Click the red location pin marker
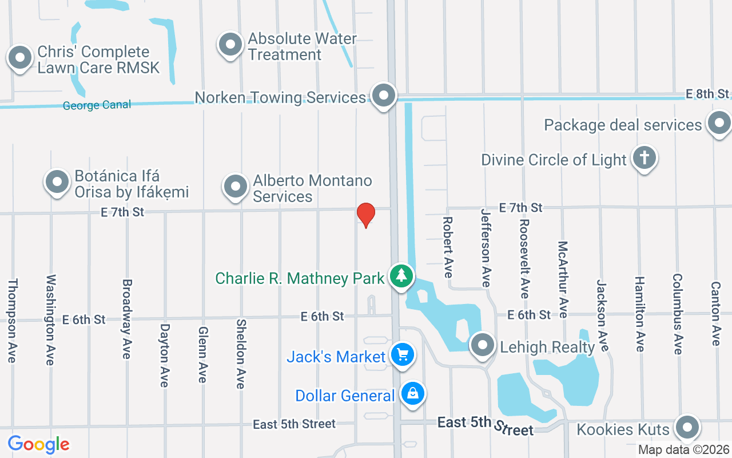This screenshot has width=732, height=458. [x=366, y=215]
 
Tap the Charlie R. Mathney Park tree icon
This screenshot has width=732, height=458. [x=401, y=276]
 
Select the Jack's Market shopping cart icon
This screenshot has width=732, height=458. [x=402, y=355]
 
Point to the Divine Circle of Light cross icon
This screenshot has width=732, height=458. [x=644, y=158]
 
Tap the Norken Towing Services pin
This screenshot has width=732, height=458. [x=383, y=95]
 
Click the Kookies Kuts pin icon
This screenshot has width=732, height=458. [x=687, y=427]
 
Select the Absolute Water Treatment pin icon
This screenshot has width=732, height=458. [x=230, y=44]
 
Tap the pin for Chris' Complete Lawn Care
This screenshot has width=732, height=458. [x=21, y=58]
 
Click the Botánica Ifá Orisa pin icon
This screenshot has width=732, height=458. [x=57, y=181]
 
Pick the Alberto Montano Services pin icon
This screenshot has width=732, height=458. [x=235, y=186]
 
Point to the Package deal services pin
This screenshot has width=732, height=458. [x=718, y=123]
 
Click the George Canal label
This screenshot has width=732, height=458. [x=97, y=105]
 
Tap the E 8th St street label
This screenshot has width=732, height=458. [x=707, y=94]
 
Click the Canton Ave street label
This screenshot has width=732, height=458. [x=715, y=313]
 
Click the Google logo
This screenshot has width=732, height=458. [x=39, y=444]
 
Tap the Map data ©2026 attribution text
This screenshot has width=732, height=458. [x=684, y=450]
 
